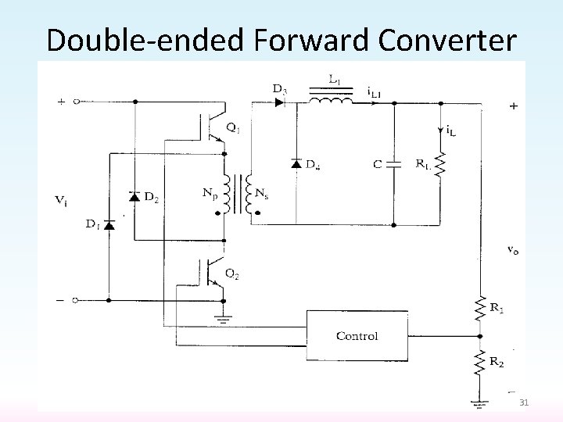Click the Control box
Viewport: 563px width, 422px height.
[357, 335]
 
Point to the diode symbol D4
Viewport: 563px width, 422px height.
[296, 163]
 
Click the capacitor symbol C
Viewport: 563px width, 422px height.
[394, 165]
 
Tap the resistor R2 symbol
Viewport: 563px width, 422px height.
[479, 363]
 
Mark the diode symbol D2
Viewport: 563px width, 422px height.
[134, 195]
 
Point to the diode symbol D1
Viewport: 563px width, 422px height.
[109, 225]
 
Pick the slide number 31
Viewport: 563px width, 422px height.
[524, 402]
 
